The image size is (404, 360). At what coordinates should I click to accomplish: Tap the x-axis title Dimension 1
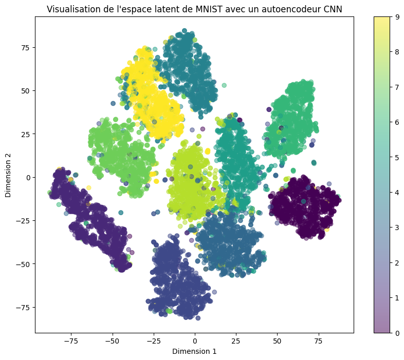(194, 351)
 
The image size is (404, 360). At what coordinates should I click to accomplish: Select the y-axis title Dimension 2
(8, 177)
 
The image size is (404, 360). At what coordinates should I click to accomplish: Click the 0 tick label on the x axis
(195, 340)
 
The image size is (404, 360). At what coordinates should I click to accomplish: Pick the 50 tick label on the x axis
(277, 340)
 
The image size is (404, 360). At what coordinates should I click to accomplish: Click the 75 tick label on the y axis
(25, 47)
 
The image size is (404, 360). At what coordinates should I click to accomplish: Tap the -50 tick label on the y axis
(22, 264)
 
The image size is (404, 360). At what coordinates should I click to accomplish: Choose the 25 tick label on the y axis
(25, 134)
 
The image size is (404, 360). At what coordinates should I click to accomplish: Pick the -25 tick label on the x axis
(153, 340)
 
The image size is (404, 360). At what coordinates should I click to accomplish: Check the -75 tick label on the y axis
(22, 308)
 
